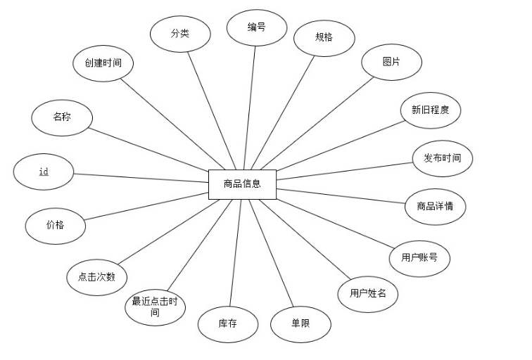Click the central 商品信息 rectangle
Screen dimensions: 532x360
pyautogui.click(x=242, y=184)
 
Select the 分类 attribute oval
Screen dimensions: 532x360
pyautogui.click(x=180, y=33)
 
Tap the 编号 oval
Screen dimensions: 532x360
pyautogui.click(x=256, y=28)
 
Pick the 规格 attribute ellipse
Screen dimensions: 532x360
pyautogui.click(x=324, y=37)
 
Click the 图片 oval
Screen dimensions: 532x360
pyautogui.click(x=391, y=62)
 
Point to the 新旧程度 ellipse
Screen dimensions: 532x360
pyautogui.click(x=431, y=110)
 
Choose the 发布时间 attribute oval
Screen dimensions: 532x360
pyautogui.click(x=442, y=158)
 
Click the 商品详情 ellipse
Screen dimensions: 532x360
pyautogui.click(x=435, y=207)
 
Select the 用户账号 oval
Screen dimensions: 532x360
pyautogui.click(x=419, y=257)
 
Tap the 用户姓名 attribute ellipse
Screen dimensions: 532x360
pyautogui.click(x=367, y=293)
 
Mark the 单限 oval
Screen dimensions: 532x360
pyautogui.click(x=300, y=323)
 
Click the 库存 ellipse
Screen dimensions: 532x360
pyautogui.click(x=227, y=323)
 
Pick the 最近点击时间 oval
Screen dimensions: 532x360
pyautogui.click(x=155, y=307)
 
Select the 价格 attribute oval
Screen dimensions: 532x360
pyautogui.click(x=55, y=225)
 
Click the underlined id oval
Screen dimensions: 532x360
pyautogui.click(x=44, y=172)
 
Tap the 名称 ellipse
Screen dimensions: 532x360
pyautogui.click(x=61, y=117)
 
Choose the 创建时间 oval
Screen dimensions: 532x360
pyautogui.click(x=103, y=63)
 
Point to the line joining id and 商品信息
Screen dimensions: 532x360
pyautogui.click(x=141, y=178)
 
